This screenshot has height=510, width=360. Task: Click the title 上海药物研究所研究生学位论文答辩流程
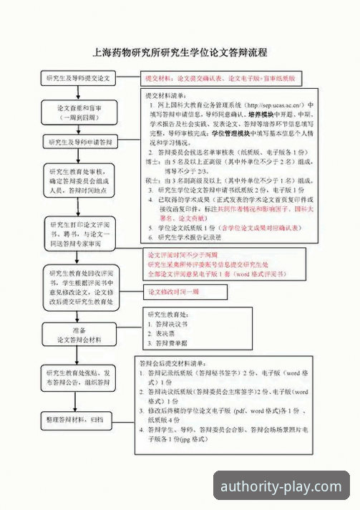[180, 52]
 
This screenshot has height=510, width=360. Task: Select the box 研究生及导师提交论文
[78, 77]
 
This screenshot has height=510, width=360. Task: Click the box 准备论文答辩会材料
[78, 334]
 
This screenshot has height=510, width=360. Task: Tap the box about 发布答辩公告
[78, 377]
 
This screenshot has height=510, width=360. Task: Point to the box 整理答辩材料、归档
[78, 418]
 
